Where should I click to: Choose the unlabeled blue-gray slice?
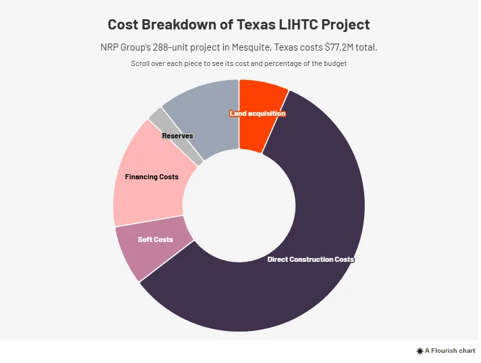pos(204,109)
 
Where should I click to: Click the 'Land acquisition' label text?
pos(257,113)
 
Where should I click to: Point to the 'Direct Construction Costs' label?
pos(310,259)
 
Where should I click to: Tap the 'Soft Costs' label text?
pos(155,239)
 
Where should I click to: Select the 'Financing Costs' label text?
pos(151,177)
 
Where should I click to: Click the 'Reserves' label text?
pos(178,136)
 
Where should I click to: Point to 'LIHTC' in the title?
pos(301,25)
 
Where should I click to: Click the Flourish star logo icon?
pos(420,351)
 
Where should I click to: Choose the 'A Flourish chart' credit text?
pos(450,351)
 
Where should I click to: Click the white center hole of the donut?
pos(240,205)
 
